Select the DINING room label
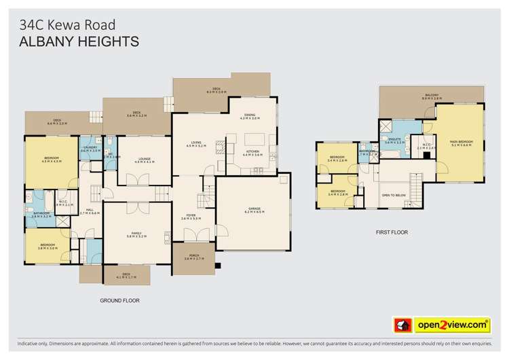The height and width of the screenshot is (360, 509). (250, 117)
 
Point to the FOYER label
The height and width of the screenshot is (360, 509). (192, 217)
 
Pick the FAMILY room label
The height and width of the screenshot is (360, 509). (136, 234)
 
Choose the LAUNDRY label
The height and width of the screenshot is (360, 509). (90, 149)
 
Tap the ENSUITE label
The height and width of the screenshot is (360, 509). (395, 141)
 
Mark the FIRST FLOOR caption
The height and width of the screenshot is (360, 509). (392, 232)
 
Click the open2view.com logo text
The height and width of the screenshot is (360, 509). (455, 325)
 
